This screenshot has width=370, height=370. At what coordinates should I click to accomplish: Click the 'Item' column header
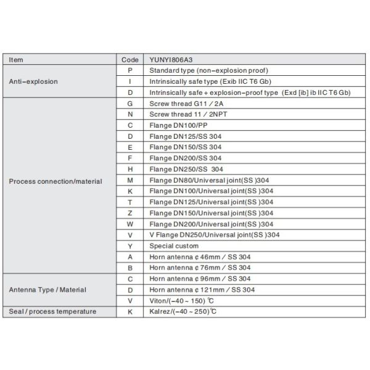coord(17,60)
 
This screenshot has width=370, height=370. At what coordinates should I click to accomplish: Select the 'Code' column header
coord(130,60)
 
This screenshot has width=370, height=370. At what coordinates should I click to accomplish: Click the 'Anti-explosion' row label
coord(32,81)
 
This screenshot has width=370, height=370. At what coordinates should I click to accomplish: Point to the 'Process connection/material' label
coord(55,181)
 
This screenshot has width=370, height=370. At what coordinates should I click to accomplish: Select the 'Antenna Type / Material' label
coord(47,289)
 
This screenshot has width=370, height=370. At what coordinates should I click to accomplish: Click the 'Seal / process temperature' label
coord(52,311)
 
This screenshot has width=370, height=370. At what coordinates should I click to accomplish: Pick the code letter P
coord(130,70)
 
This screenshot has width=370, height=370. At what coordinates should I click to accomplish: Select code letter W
coord(130,224)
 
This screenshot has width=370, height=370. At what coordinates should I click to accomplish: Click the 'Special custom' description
coord(175,245)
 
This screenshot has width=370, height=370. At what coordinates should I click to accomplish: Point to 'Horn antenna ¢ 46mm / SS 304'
coord(200,257)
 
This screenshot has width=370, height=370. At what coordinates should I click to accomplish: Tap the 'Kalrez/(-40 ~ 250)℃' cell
coord(183,312)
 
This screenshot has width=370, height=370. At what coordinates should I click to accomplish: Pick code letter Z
coord(130,213)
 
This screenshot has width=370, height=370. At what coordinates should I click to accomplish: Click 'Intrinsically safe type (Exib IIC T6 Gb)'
coord(211,81)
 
